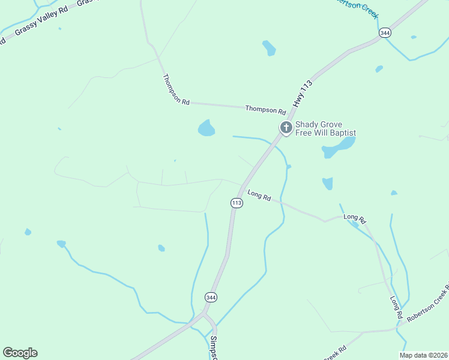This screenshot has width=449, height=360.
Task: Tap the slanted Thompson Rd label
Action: point(176,90)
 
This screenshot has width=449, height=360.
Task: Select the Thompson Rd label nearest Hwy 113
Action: point(265,110)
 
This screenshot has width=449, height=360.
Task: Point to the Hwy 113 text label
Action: point(304,94)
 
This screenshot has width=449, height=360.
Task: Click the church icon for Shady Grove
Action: point(286,127)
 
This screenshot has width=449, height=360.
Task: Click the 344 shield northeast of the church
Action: point(385,34)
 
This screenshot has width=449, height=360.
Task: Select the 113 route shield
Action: point(237,203)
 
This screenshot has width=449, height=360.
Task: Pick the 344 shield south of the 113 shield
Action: point(210,297)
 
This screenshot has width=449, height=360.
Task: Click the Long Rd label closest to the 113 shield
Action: point(259,195)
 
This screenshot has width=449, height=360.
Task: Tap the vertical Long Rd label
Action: point(395,307)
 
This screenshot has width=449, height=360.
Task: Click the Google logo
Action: point(20,353)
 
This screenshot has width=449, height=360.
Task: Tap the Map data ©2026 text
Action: point(423,355)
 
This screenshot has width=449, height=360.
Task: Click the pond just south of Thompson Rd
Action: point(206,128)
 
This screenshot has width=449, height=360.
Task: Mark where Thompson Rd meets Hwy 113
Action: point(289,114)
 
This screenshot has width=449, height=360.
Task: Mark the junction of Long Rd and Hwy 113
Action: point(244,186)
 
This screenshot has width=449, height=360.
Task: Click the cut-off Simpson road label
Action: point(213,347)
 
